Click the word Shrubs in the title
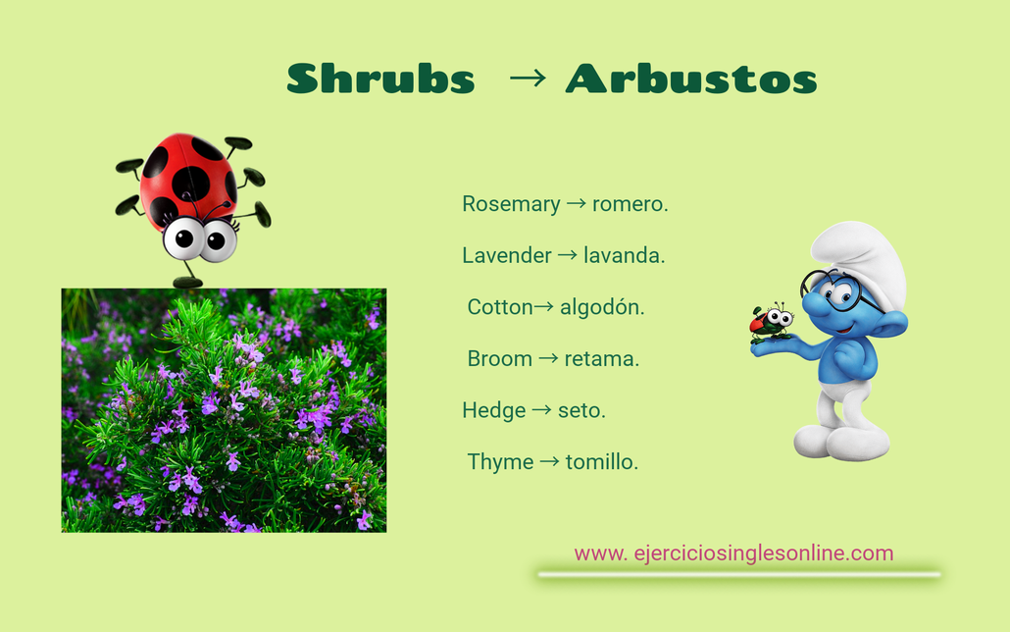381,79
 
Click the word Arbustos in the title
691,79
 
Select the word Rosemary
511,204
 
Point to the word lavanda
625,255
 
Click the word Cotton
500,307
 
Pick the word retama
602,358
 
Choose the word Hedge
494,410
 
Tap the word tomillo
602,461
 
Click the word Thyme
500,461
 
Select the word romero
630,204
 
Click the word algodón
602,307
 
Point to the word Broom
500,358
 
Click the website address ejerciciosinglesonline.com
733,553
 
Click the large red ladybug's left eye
182,237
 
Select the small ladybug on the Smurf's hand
771,320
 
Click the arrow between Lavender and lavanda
567,255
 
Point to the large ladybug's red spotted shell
188,180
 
